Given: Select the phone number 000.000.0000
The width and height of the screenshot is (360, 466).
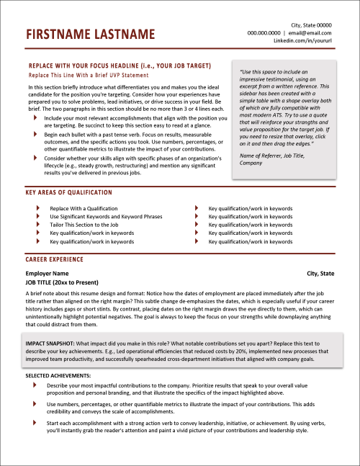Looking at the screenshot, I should point(264,32).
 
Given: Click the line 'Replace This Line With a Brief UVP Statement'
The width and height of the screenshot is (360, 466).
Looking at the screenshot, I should point(88,75).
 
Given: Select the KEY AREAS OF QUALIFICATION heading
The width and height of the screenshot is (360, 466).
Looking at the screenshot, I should point(68,193).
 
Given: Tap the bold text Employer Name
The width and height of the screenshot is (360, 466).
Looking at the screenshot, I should point(47,274).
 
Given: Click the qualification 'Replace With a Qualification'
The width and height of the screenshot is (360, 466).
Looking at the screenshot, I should point(84,208).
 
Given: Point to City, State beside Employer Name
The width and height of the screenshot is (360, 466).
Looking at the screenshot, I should point(320,274).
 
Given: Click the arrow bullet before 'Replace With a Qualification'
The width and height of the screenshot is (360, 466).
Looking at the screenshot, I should point(37,208).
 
